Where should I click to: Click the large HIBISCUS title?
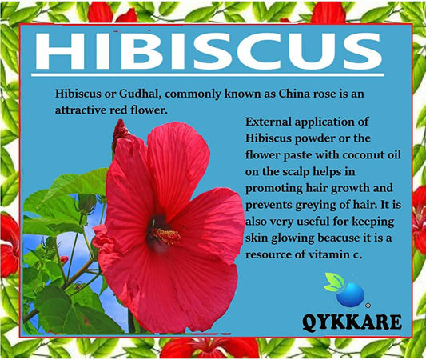209,50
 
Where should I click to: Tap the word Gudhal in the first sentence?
140,94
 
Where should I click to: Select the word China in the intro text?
294,94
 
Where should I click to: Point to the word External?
269,122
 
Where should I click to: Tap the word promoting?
274,189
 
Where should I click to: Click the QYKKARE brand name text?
352,322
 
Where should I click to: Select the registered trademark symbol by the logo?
368,306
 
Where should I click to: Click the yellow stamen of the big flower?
166,236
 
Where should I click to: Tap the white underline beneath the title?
208,74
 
